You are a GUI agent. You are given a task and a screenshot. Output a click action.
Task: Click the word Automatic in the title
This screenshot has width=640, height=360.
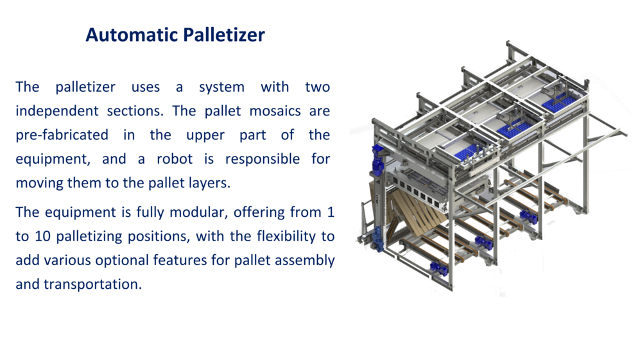point(130,35)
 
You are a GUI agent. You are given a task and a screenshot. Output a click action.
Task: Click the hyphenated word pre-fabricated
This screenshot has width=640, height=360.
point(62,135)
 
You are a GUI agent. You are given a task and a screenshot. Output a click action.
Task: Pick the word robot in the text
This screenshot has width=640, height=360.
point(175,159)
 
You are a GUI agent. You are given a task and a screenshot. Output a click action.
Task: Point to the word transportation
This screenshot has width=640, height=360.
point(92,284)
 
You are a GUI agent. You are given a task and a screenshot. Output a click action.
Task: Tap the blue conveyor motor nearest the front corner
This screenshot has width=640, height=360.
point(439,269)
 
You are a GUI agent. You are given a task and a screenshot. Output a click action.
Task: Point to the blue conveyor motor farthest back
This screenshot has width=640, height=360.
point(528,216)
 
